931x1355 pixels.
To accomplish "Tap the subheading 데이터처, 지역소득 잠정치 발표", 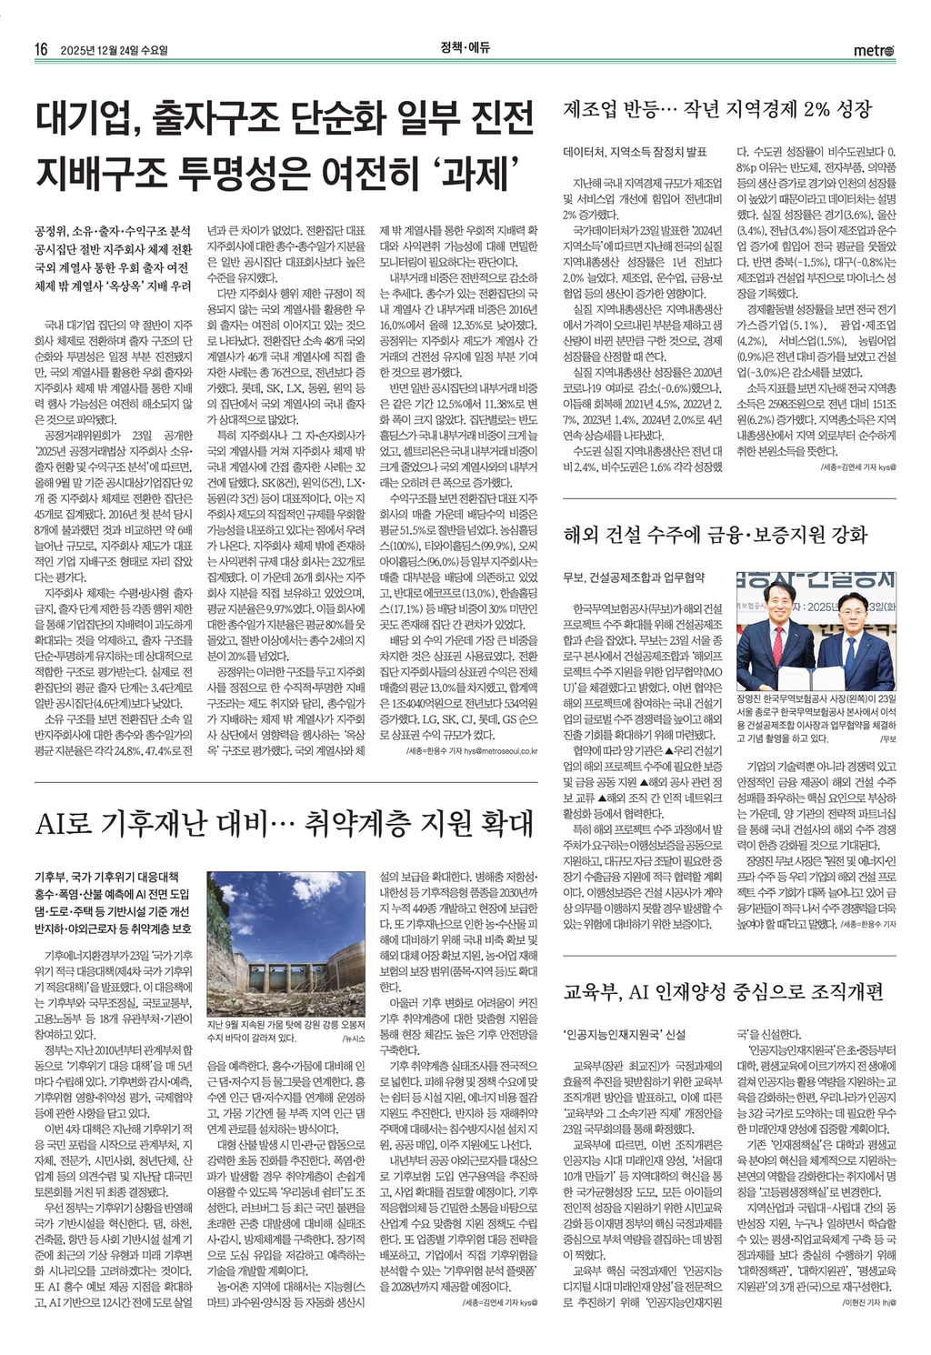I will [x=635, y=150].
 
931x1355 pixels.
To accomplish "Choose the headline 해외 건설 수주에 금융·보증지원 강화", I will [x=716, y=534].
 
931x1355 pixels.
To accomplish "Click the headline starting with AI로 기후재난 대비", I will [x=283, y=824].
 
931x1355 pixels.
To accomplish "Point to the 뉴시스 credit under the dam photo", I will [x=352, y=1037].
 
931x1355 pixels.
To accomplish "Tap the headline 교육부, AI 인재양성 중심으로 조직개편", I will [x=723, y=991].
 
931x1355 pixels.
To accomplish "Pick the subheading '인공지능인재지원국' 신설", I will [x=624, y=1035].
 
